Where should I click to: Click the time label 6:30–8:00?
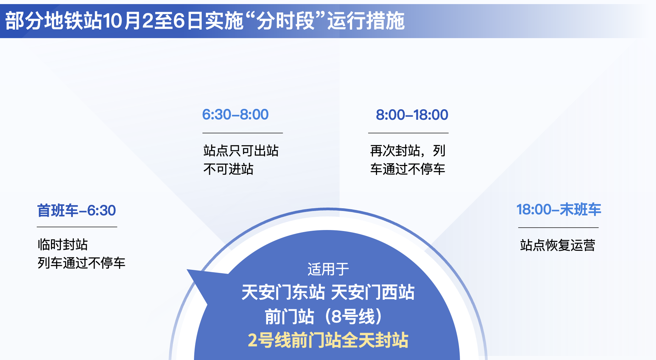pyautogui.click(x=235, y=115)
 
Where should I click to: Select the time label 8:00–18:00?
pyautogui.click(x=412, y=115)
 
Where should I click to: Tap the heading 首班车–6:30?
pyautogui.click(x=77, y=211)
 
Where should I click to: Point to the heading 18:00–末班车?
pyautogui.click(x=559, y=210)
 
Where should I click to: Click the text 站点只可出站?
pyautogui.click(x=241, y=150)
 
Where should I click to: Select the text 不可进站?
pyautogui.click(x=228, y=169)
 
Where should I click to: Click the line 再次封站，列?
pyautogui.click(x=408, y=150)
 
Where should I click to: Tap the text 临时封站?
pyautogui.click(x=63, y=244)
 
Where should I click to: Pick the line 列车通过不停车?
pyautogui.click(x=81, y=263)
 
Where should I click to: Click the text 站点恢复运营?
pyautogui.click(x=558, y=245)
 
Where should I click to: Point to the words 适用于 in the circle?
pyautogui.click(x=328, y=269)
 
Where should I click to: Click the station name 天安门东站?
pyautogui.click(x=283, y=292)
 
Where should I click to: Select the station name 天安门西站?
pyautogui.click(x=373, y=292)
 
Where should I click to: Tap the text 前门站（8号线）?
pyautogui.click(x=324, y=316)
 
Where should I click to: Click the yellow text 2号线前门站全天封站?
pyautogui.click(x=328, y=340)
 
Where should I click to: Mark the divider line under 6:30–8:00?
pyautogui.click(x=243, y=133)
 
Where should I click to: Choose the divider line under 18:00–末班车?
pyautogui.click(x=558, y=228)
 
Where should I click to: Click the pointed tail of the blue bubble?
pyautogui.click(x=187, y=270)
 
